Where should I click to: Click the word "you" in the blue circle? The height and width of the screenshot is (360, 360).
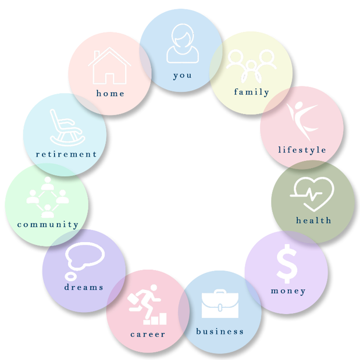[x=182, y=75]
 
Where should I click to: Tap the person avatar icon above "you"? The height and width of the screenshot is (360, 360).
[x=182, y=45]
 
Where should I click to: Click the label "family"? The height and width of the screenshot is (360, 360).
[x=251, y=92]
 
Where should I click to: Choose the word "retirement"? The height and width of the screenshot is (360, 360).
[x=66, y=154]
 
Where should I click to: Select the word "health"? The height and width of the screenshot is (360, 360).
[x=314, y=221]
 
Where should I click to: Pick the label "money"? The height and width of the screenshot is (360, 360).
[x=288, y=291]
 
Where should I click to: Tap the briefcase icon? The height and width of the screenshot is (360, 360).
[x=220, y=304]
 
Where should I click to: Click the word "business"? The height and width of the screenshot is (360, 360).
[x=220, y=332]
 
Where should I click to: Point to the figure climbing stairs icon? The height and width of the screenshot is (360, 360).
[x=147, y=305]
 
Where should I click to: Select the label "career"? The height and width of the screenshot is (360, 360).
[x=147, y=334]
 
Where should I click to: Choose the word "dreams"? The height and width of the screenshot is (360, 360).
[x=84, y=287]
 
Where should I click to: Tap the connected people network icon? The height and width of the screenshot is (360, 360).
[x=47, y=197]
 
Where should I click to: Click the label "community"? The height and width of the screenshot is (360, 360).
[x=47, y=224]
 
